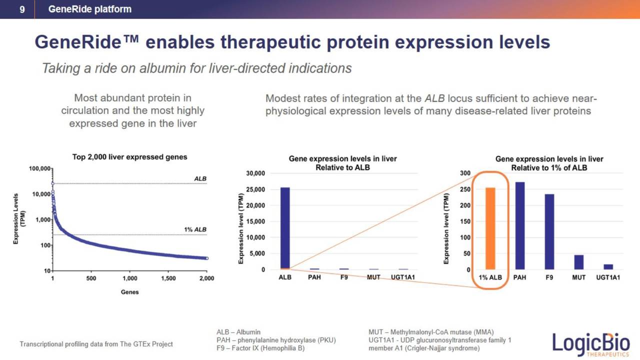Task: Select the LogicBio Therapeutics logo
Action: (x=590, y=344)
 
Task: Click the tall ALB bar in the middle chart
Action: (x=285, y=228)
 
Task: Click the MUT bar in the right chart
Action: (x=578, y=262)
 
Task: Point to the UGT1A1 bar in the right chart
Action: (x=608, y=266)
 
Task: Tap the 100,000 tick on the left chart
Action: (x=38, y=169)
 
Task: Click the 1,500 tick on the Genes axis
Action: (x=168, y=278)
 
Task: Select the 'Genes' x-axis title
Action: (x=129, y=291)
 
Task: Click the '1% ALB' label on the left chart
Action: (x=195, y=229)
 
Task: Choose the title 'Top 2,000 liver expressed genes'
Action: (x=129, y=157)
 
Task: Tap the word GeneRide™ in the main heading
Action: (x=87, y=42)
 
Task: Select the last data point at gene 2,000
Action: (x=207, y=258)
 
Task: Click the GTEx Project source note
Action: (x=96, y=344)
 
